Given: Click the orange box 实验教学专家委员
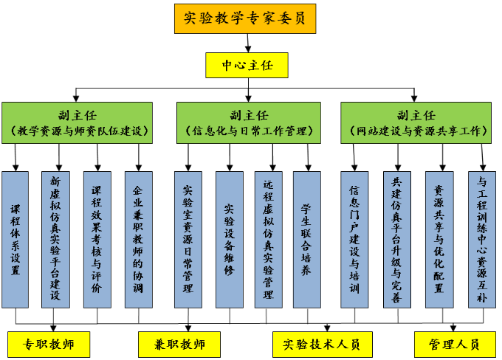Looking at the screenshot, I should coord(247,18).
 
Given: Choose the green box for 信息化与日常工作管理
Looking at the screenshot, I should coord(248,122).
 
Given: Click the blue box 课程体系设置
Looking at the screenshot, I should coord(16,239).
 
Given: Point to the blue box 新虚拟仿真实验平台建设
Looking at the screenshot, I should coord(55,239).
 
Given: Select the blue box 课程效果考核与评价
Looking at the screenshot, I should coord(96,239).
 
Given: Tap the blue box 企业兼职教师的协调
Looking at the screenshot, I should coord(137,239).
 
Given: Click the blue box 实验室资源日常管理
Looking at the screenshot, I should coord(188,239).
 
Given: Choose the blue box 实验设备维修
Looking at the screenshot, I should coord(230,239).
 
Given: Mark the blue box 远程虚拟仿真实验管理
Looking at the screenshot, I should coord(268,239).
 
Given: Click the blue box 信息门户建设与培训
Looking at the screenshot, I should coord(354,239).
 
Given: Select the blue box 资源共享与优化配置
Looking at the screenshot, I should coord(439,239).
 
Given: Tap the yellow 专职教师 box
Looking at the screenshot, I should coord(49,344).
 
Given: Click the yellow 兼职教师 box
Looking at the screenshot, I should coord(179,344).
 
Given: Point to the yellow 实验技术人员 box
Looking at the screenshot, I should coord(323,344).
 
